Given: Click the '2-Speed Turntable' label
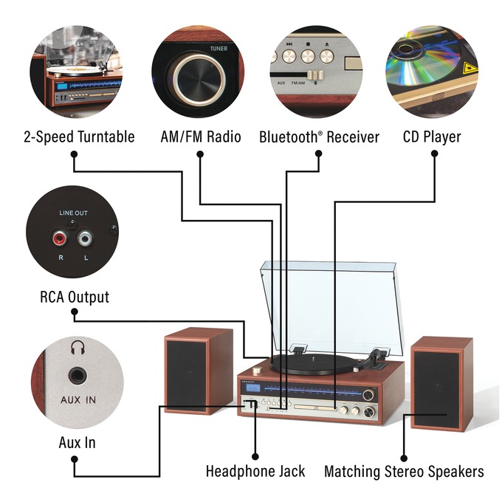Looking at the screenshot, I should click(79, 137).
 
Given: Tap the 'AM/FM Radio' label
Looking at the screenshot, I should click(200, 137).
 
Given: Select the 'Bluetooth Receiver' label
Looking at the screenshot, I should click(319, 137).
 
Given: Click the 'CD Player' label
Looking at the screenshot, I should click(432, 137).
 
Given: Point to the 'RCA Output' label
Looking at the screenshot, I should click(74, 298).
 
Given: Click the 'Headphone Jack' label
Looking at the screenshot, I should click(255, 471).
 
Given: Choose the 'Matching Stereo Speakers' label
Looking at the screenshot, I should click(404, 471).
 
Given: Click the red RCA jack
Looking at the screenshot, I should click(58, 238).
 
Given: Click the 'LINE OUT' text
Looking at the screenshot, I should click(73, 213).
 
